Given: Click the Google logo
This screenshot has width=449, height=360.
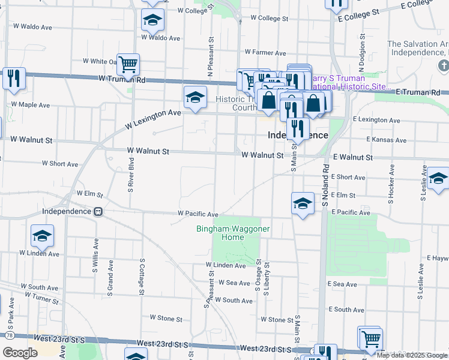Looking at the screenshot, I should (20, 353).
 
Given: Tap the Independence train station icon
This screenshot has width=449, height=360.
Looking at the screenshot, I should (98, 212).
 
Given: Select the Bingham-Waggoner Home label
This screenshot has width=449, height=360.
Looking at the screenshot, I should (233, 233).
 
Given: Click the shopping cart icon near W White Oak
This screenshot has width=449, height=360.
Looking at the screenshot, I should (128, 64).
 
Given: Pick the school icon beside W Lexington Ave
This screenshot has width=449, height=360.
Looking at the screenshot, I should (194, 98).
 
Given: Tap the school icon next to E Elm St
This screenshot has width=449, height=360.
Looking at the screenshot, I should (303, 203).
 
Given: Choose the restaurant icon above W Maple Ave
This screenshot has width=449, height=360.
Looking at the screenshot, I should (13, 78).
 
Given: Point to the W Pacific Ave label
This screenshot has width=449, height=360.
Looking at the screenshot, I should (197, 214).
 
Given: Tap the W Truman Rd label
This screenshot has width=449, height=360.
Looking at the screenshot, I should (122, 79).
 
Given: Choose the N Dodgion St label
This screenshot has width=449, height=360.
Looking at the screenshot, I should (362, 53).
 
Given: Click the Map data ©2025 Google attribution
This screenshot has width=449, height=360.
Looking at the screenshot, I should (412, 355).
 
